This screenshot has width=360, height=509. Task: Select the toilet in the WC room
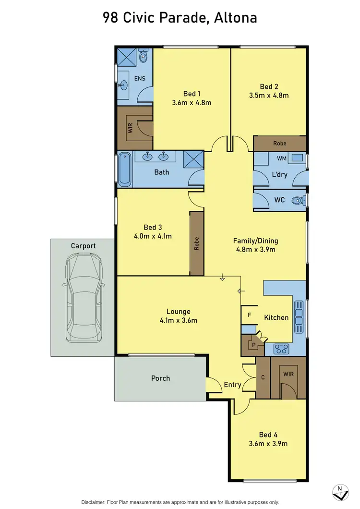click(x=299, y=200)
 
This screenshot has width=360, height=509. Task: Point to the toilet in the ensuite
click(x=143, y=57)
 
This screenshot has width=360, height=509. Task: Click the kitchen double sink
click(x=299, y=317)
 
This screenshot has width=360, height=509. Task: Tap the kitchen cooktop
click(x=280, y=349)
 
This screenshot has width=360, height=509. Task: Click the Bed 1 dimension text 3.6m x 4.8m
click(x=192, y=102)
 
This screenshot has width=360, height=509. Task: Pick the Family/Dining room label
click(x=255, y=241)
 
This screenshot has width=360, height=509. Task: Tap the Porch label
click(x=160, y=378)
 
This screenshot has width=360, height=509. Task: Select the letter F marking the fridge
click(x=249, y=315)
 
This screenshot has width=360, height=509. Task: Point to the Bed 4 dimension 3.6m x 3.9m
click(x=268, y=443)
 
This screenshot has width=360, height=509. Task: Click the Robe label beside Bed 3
click(x=196, y=244)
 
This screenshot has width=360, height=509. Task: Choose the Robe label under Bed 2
click(x=279, y=143)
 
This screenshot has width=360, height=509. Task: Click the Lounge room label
click(x=178, y=311)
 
